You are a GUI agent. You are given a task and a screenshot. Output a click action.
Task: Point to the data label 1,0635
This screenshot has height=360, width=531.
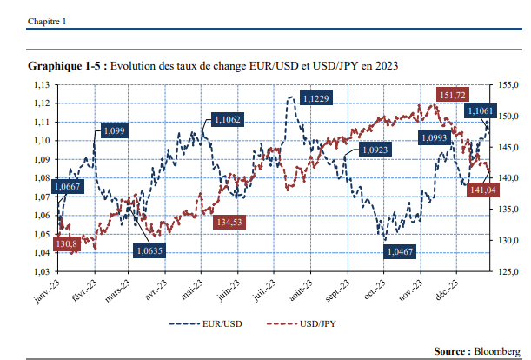[x=149, y=251]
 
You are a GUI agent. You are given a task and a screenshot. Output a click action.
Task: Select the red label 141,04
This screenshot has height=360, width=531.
[x=482, y=190]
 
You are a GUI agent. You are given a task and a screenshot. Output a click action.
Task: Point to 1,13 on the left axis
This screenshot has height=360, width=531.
[x=39, y=84]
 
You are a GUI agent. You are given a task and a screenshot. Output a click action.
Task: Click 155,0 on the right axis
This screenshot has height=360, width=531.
[x=509, y=84]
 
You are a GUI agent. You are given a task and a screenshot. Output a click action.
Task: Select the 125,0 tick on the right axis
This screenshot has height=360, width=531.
[x=509, y=272]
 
